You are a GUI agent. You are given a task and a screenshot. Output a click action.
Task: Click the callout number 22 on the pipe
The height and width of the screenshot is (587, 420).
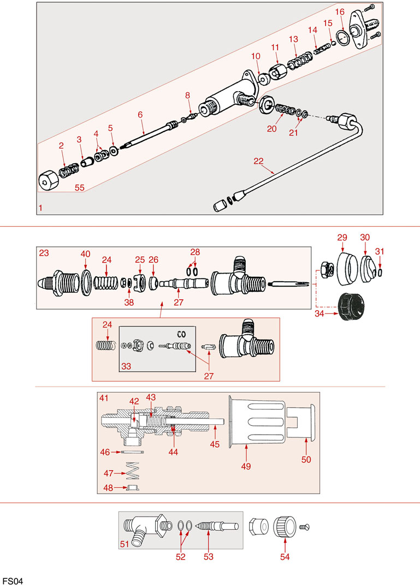point(259,161)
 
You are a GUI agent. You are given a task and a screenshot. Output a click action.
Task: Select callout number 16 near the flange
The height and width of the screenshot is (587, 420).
point(340,12)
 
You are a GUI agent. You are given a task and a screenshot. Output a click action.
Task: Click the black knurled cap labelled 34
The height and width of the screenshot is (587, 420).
point(350,308)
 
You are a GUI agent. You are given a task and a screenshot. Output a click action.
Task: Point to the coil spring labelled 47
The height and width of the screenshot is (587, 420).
point(134,470)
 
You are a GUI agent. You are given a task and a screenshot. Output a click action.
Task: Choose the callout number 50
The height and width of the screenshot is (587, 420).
point(306,460)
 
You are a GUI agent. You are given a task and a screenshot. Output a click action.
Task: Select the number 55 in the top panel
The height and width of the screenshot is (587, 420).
point(80,187)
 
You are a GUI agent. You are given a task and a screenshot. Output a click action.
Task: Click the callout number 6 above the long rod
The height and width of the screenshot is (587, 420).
point(140,115)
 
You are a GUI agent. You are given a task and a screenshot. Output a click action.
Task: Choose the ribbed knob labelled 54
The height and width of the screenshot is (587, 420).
point(284,526)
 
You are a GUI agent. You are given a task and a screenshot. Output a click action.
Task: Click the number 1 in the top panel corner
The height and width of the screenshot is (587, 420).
point(42,208)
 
